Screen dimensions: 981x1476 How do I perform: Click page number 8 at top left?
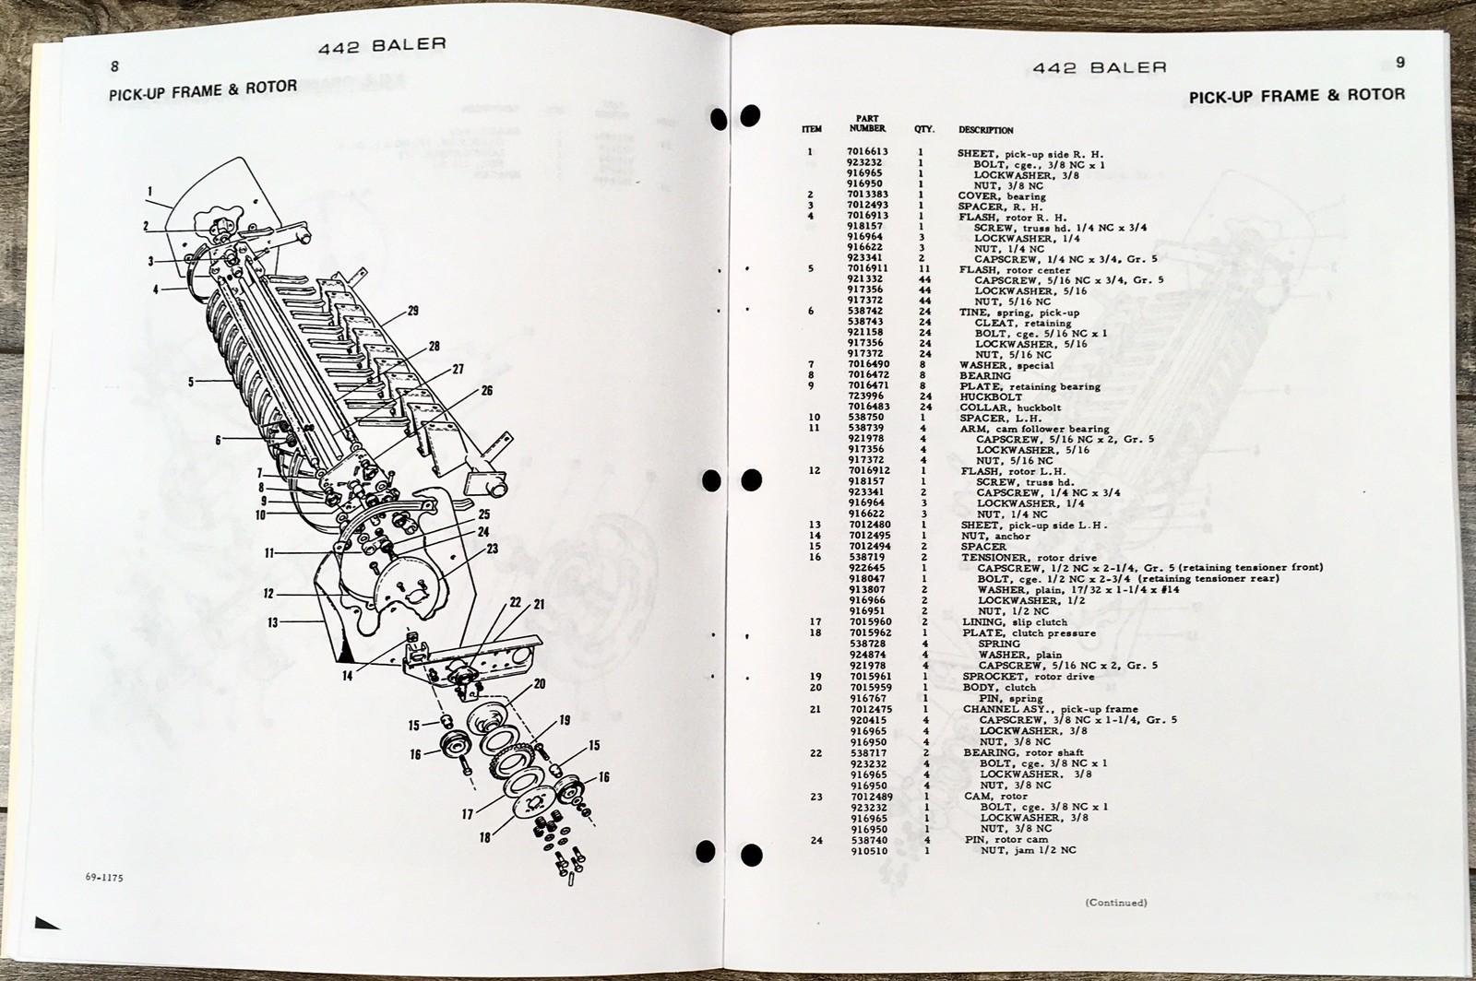114,66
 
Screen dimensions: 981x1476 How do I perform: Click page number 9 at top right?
1400,63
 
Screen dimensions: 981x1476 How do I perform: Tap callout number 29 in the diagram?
412,311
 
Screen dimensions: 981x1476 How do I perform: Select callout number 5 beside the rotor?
191,380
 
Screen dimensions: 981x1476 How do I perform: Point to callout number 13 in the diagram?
273,623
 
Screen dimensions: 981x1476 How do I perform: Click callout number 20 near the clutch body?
540,683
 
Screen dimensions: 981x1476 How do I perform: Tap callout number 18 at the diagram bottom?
485,837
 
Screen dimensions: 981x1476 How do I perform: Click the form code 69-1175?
102,878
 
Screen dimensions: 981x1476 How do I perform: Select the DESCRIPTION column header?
985,130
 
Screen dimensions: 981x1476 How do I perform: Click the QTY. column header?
924,130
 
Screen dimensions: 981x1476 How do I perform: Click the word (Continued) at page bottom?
1116,903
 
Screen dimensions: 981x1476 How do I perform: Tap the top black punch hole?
750,116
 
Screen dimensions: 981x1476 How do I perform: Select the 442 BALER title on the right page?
1100,67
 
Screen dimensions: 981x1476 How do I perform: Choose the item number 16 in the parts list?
815,557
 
